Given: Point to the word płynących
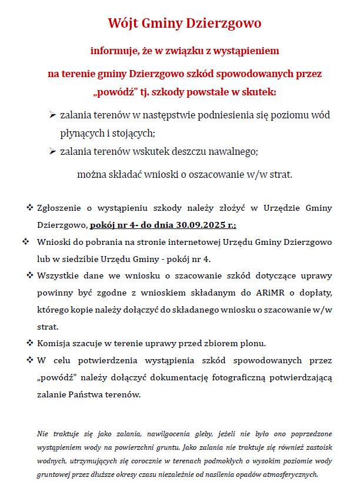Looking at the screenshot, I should pos(81,132).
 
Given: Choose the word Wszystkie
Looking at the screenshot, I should pos(56,276).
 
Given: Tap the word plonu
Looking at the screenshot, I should pos(253,343).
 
